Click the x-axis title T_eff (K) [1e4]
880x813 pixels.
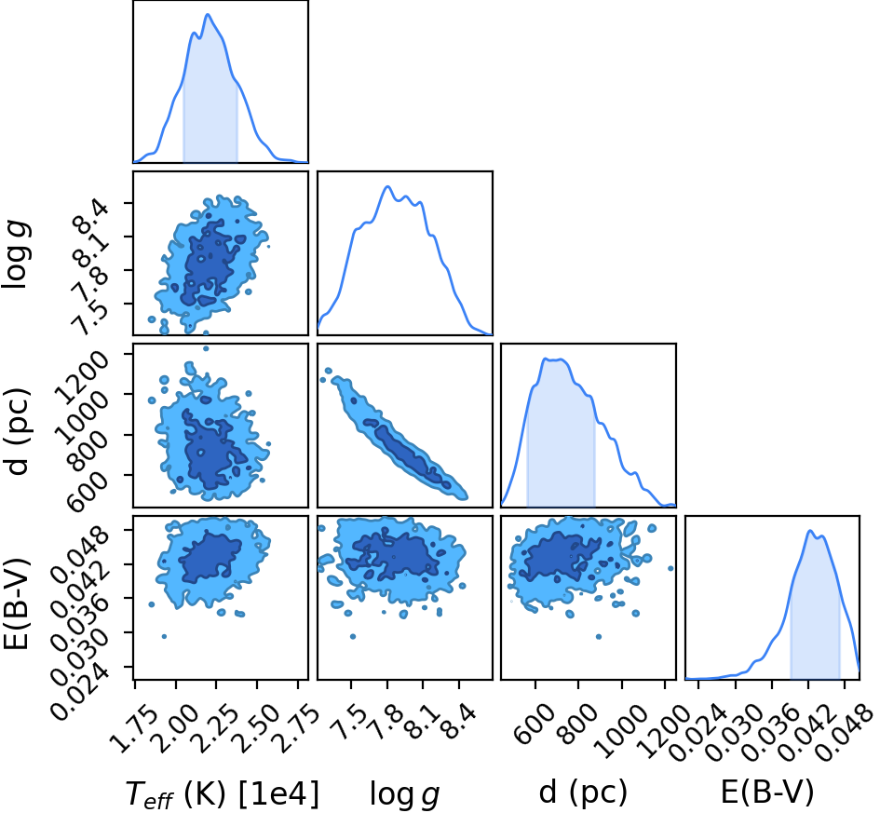click(x=223, y=794)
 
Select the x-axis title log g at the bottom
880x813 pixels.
click(x=405, y=795)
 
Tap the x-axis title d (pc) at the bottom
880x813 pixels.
click(x=583, y=793)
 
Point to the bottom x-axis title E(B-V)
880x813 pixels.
click(x=767, y=793)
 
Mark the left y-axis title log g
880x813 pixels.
click(x=18, y=255)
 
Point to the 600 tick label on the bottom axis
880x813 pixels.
click(x=535, y=716)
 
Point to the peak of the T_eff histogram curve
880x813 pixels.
click(x=208, y=14)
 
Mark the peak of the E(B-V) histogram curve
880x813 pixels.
click(x=810, y=530)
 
